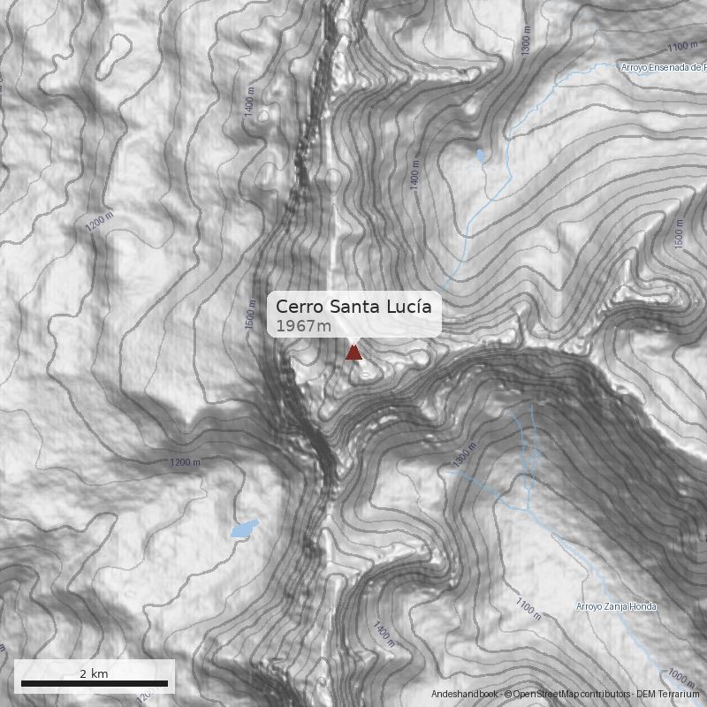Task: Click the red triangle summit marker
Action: click(353, 353)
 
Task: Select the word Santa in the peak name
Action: click(355, 307)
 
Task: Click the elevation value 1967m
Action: click(303, 326)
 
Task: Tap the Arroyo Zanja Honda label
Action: click(616, 606)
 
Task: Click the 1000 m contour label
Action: click(680, 676)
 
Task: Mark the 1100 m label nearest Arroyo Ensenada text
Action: click(682, 46)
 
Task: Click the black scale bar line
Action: click(95, 683)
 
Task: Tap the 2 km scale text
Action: click(94, 673)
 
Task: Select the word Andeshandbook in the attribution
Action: click(466, 695)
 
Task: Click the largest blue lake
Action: click(244, 528)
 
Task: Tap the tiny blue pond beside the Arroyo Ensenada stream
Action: click(481, 157)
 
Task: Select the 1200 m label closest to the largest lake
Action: click(185, 462)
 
